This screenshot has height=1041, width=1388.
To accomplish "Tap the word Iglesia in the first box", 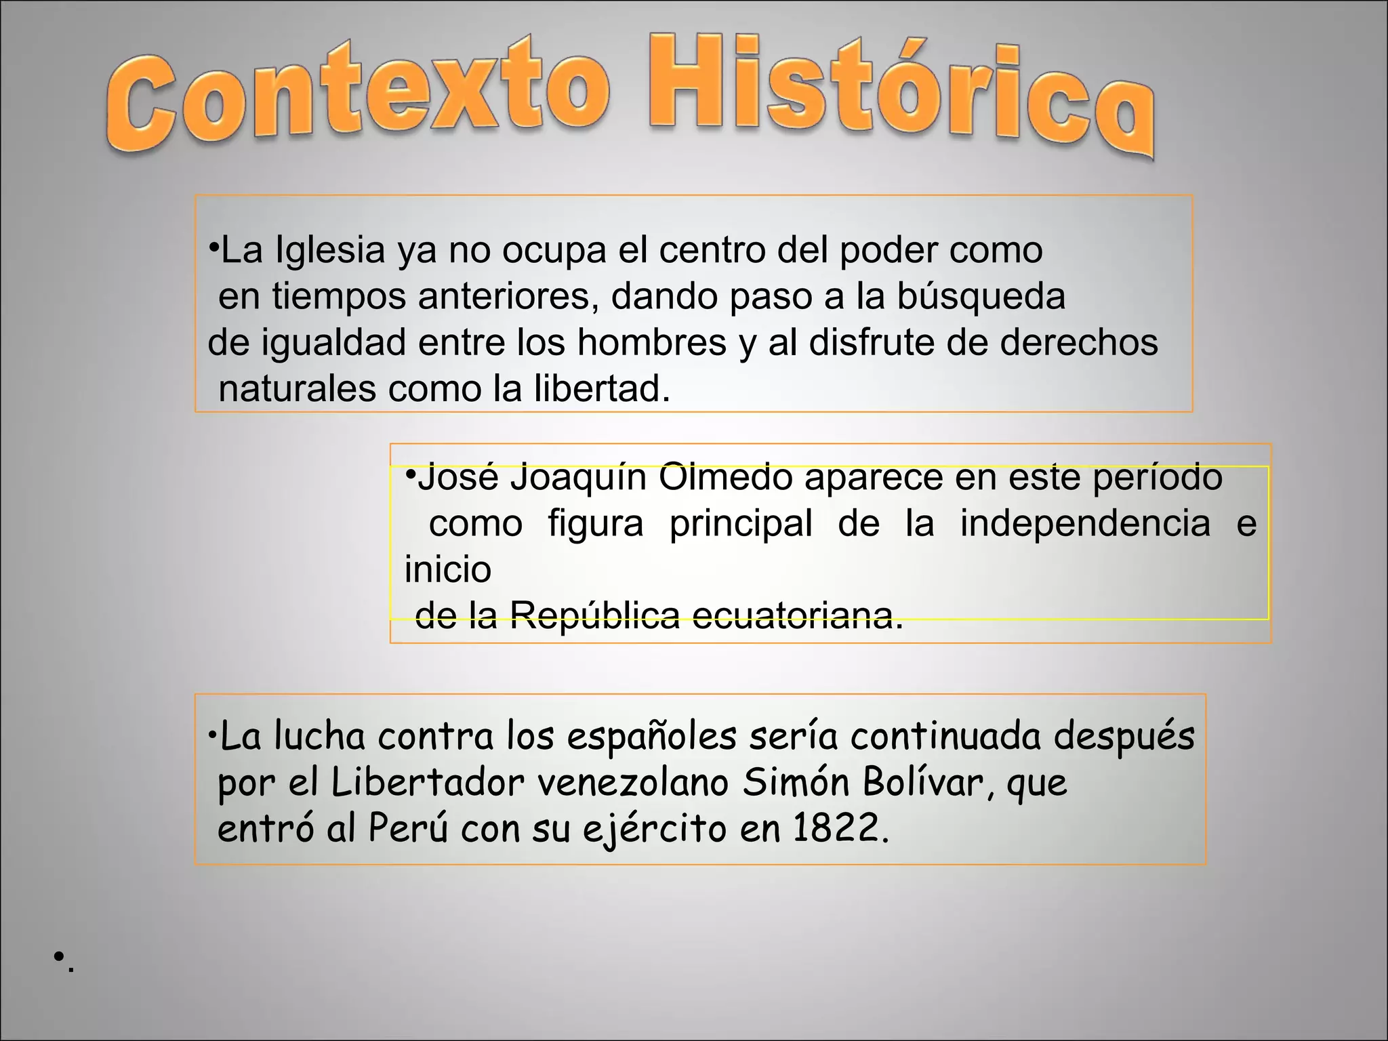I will (330, 251).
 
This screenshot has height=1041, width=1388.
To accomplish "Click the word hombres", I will (651, 342).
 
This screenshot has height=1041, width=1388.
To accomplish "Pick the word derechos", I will (1079, 342).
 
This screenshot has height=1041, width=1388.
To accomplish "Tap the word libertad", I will (602, 389).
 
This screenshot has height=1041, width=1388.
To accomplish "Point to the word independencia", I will (1085, 524).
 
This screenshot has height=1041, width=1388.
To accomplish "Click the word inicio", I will (447, 569).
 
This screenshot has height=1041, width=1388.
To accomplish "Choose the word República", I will (594, 616).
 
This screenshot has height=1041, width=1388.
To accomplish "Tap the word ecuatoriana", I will (797, 616).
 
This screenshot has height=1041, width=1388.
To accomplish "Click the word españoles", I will (651, 737).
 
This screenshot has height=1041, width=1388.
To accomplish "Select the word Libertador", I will (428, 783).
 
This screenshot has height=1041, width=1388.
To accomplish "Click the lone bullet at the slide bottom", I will (60, 956).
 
